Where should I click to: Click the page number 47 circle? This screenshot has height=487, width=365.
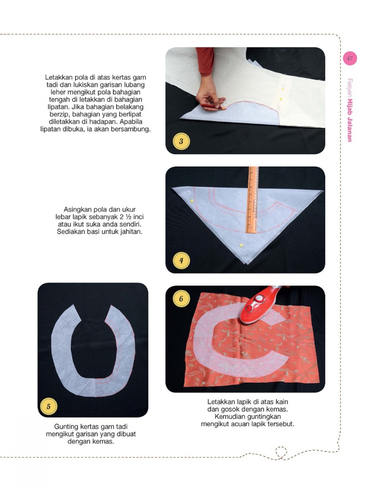349,59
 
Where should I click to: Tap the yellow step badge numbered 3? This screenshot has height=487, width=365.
181,141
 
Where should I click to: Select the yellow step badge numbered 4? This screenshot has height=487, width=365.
181,260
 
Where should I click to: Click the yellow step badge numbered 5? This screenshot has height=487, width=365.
48,406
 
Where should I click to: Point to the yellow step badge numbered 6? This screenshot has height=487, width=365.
181,299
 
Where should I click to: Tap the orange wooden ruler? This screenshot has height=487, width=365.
252,200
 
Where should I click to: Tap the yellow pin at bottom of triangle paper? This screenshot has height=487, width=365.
241,244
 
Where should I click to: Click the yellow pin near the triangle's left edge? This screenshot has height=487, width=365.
192,201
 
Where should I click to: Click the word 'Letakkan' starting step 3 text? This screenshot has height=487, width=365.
58,77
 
